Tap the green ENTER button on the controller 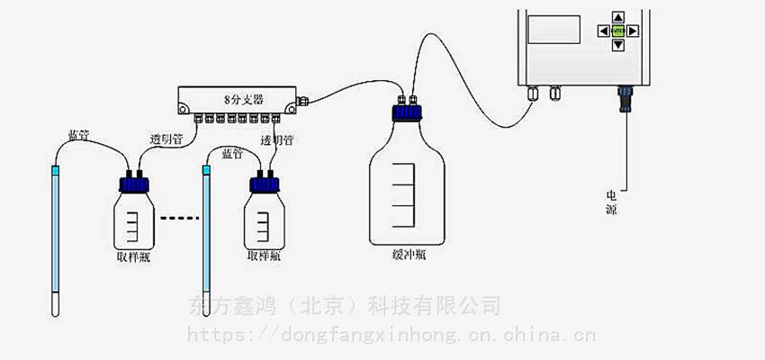point(618,30)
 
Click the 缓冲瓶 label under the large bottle point(409,254)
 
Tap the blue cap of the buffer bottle point(408,114)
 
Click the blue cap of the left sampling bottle point(134,184)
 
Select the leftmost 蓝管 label point(78,136)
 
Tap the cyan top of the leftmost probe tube point(55,169)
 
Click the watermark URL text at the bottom point(391,337)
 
